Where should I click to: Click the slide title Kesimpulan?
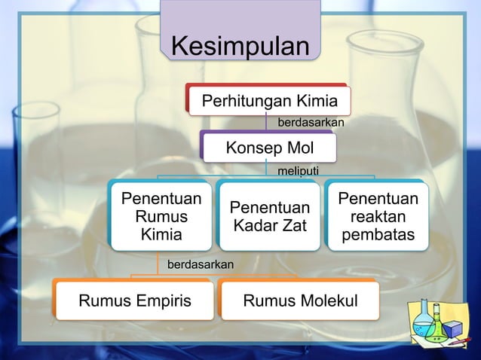pyautogui.click(x=240, y=46)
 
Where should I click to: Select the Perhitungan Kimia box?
pyautogui.click(x=268, y=99)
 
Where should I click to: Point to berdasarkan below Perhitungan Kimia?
pyautogui.click(x=311, y=121)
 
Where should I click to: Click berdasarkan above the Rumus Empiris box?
pyautogui.click(x=200, y=264)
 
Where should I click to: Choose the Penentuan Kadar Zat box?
pyautogui.click(x=270, y=216)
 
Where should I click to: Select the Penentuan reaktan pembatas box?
pyautogui.click(x=377, y=217)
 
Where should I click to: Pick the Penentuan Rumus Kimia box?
pyautogui.click(x=161, y=217)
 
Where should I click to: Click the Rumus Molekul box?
pyautogui.click(x=300, y=301)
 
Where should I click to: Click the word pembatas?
pyautogui.click(x=378, y=236)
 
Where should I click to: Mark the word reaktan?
pyautogui.click(x=378, y=217)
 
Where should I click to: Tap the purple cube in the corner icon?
pyautogui.click(x=452, y=329)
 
